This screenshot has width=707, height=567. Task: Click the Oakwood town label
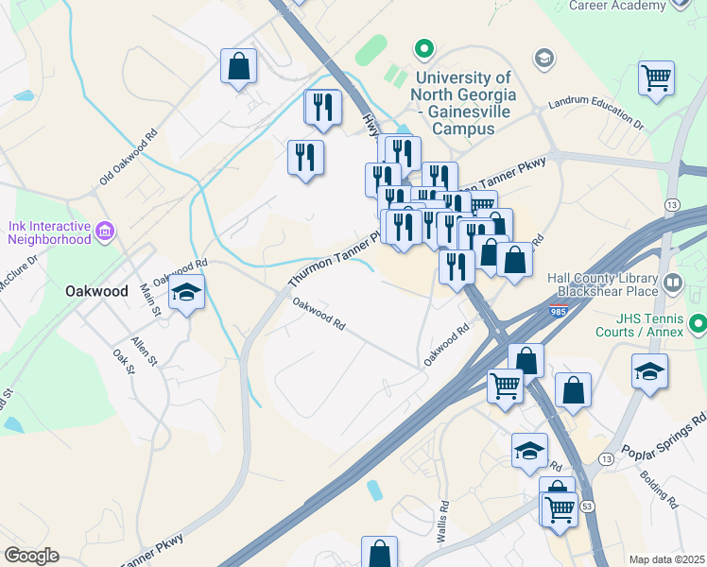click(96, 291)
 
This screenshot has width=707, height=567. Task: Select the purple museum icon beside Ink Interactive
click(105, 231)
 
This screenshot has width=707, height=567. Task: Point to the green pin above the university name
click(425, 46)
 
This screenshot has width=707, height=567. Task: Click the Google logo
click(32, 556)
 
